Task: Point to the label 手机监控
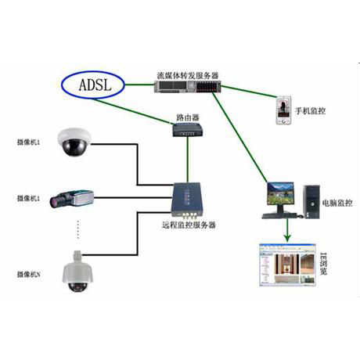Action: click(310, 111)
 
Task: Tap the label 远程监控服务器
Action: click(189, 225)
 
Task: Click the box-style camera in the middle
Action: click(72, 198)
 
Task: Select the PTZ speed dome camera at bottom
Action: click(76, 272)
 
